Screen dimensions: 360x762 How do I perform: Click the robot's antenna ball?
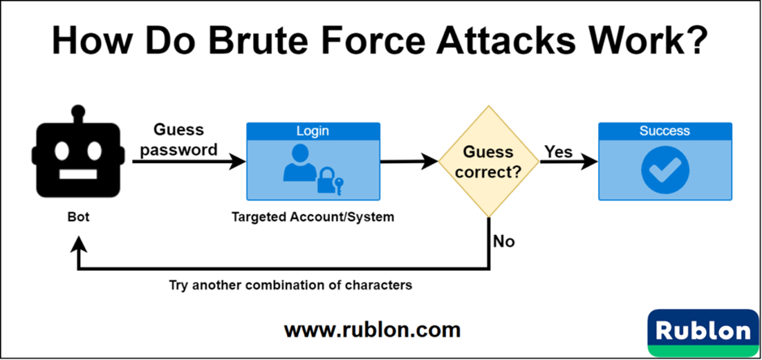click(78, 109)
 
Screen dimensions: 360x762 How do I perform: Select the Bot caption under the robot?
click(78, 217)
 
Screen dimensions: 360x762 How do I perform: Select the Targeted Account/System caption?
click(313, 217)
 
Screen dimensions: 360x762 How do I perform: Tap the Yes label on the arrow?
click(559, 152)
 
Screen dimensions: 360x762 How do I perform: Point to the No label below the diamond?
click(503, 242)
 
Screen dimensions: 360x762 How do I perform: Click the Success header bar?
click(665, 131)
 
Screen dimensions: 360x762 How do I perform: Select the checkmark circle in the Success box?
click(665, 169)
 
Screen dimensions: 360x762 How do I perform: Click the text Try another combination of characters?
click(291, 285)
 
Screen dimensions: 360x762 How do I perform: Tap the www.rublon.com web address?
click(372, 330)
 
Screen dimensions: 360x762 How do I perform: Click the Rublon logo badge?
click(702, 332)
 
